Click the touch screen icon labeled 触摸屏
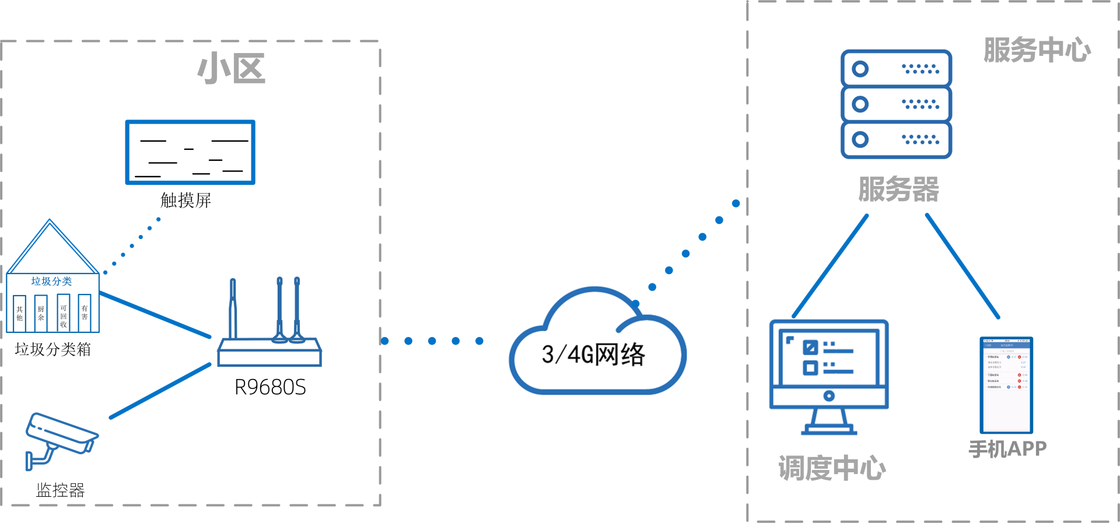coord(190,152)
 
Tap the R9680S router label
coord(270,387)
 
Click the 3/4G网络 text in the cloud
coord(593,354)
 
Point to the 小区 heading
coord(232,69)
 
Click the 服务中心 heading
coord(1037,50)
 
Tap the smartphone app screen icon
coord(1006,385)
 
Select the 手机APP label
coord(1007,449)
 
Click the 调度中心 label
coord(832,468)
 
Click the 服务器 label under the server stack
coord(898,189)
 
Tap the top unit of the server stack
coord(896,69)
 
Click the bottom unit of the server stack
coord(896,140)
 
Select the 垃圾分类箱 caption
coord(52,349)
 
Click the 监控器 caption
coord(60,490)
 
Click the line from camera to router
coord(160,391)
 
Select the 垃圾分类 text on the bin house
coord(51,281)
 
